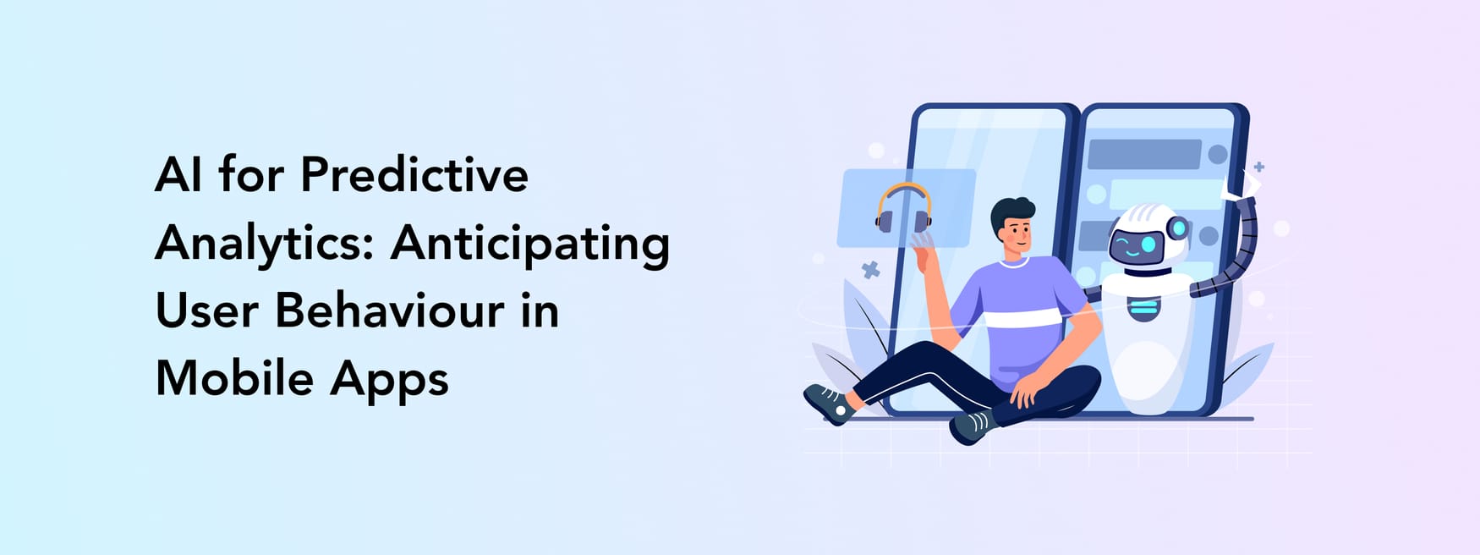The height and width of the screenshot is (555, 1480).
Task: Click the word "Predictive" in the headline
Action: (x=414, y=176)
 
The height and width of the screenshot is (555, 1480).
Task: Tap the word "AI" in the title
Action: (x=178, y=176)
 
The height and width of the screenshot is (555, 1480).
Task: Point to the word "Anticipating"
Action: (x=529, y=244)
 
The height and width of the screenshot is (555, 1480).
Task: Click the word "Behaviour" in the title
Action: (x=390, y=310)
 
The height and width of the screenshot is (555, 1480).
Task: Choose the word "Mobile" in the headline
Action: (x=235, y=378)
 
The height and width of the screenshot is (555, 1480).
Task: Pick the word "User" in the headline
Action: (x=206, y=310)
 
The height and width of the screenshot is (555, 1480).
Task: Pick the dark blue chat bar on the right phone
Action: (x=1143, y=155)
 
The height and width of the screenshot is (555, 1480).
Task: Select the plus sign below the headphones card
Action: (x=870, y=271)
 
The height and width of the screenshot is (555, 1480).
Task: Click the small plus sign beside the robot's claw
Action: (x=1259, y=167)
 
